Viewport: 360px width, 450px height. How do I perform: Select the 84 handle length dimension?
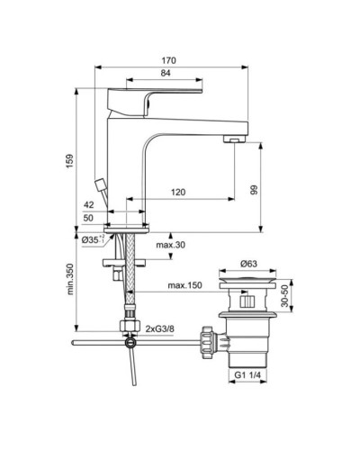[x=142, y=73]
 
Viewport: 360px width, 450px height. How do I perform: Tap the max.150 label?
[x=184, y=287]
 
